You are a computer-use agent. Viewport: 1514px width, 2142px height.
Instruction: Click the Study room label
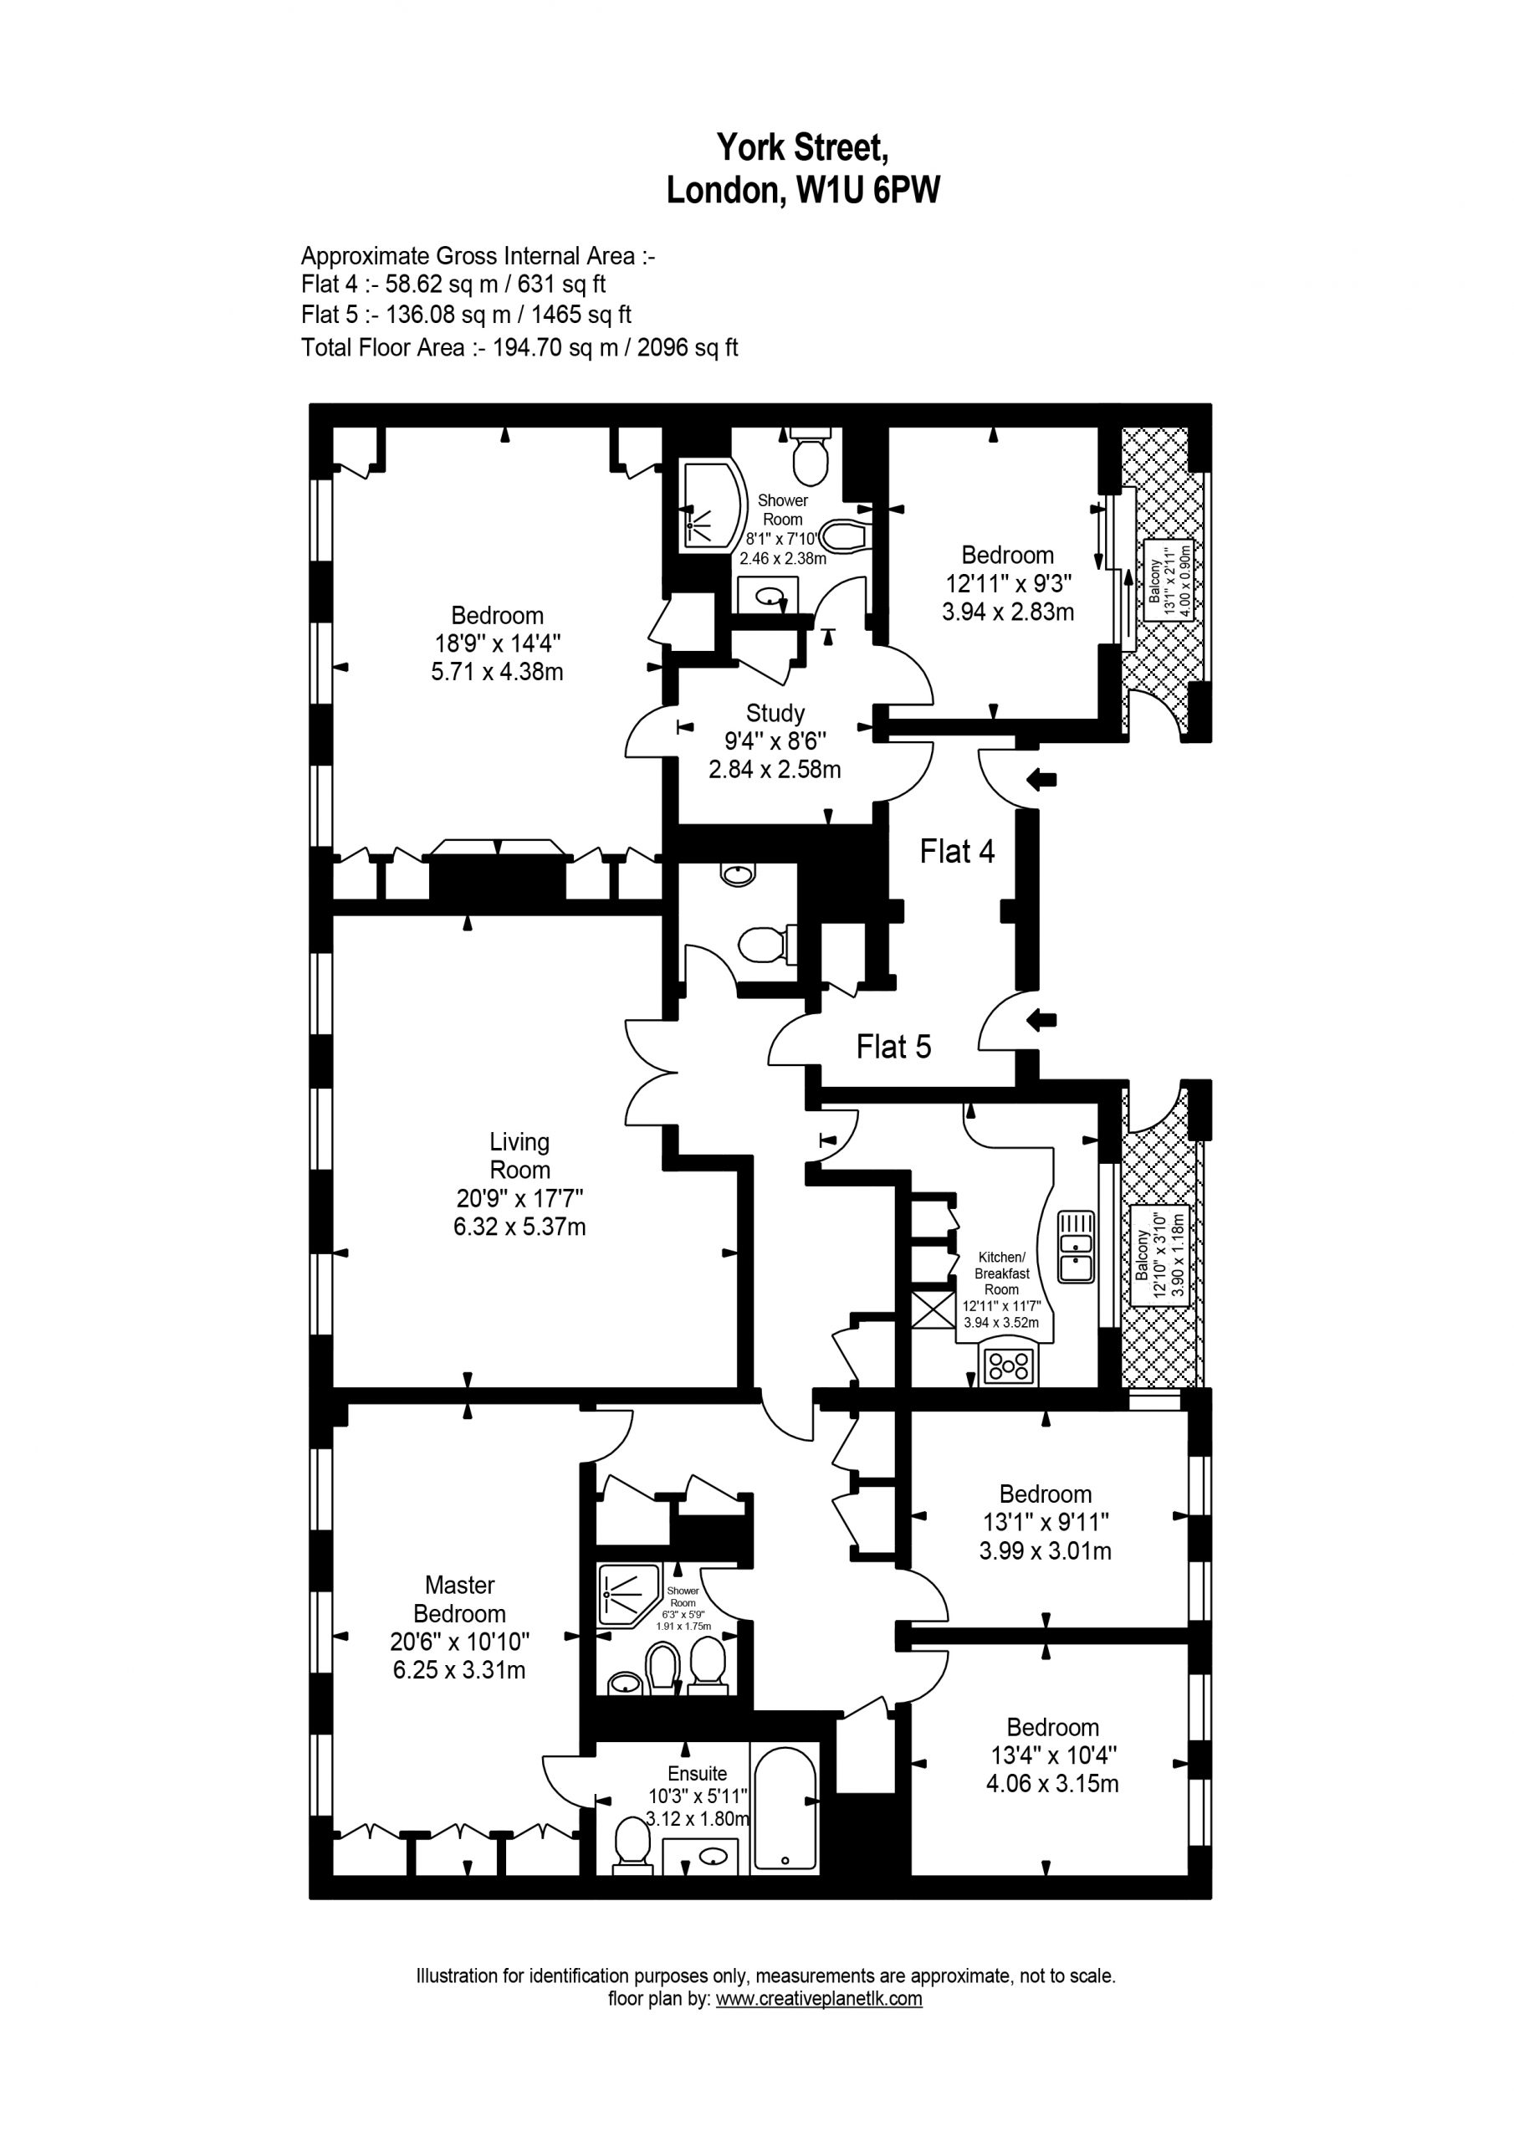tap(775, 714)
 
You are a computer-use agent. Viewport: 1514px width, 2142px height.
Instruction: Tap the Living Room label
tap(519, 1155)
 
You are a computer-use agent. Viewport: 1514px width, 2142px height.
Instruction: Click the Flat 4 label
tap(957, 851)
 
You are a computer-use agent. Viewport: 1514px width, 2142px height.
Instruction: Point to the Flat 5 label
tap(893, 1047)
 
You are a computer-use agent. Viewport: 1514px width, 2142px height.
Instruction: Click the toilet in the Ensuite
tap(632, 1848)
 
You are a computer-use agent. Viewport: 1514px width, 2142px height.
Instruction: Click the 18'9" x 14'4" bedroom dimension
tap(497, 643)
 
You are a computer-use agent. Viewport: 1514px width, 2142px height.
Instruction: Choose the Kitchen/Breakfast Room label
tap(1001, 1273)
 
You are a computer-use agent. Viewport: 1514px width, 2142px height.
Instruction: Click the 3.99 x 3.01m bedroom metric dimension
tap(1046, 1550)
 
